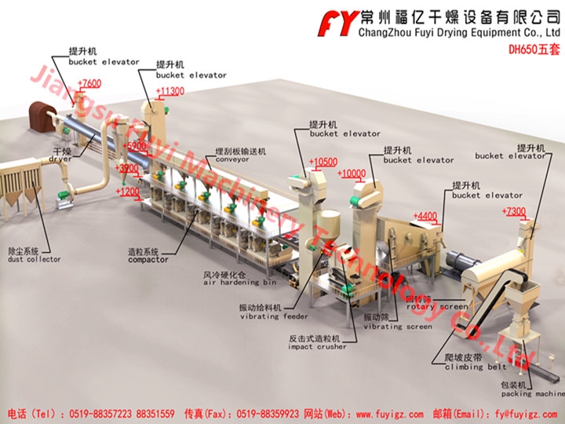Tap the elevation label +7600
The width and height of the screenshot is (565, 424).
point(89,83)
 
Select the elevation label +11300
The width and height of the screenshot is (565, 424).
point(170,92)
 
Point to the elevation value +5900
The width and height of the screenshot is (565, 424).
point(136,146)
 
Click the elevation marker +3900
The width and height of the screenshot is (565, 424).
point(127,168)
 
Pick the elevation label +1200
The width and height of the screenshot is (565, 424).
point(128,191)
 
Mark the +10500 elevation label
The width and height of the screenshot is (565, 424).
point(323,163)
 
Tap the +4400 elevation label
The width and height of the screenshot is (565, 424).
point(425,216)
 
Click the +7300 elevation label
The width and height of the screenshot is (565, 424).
point(514,212)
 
